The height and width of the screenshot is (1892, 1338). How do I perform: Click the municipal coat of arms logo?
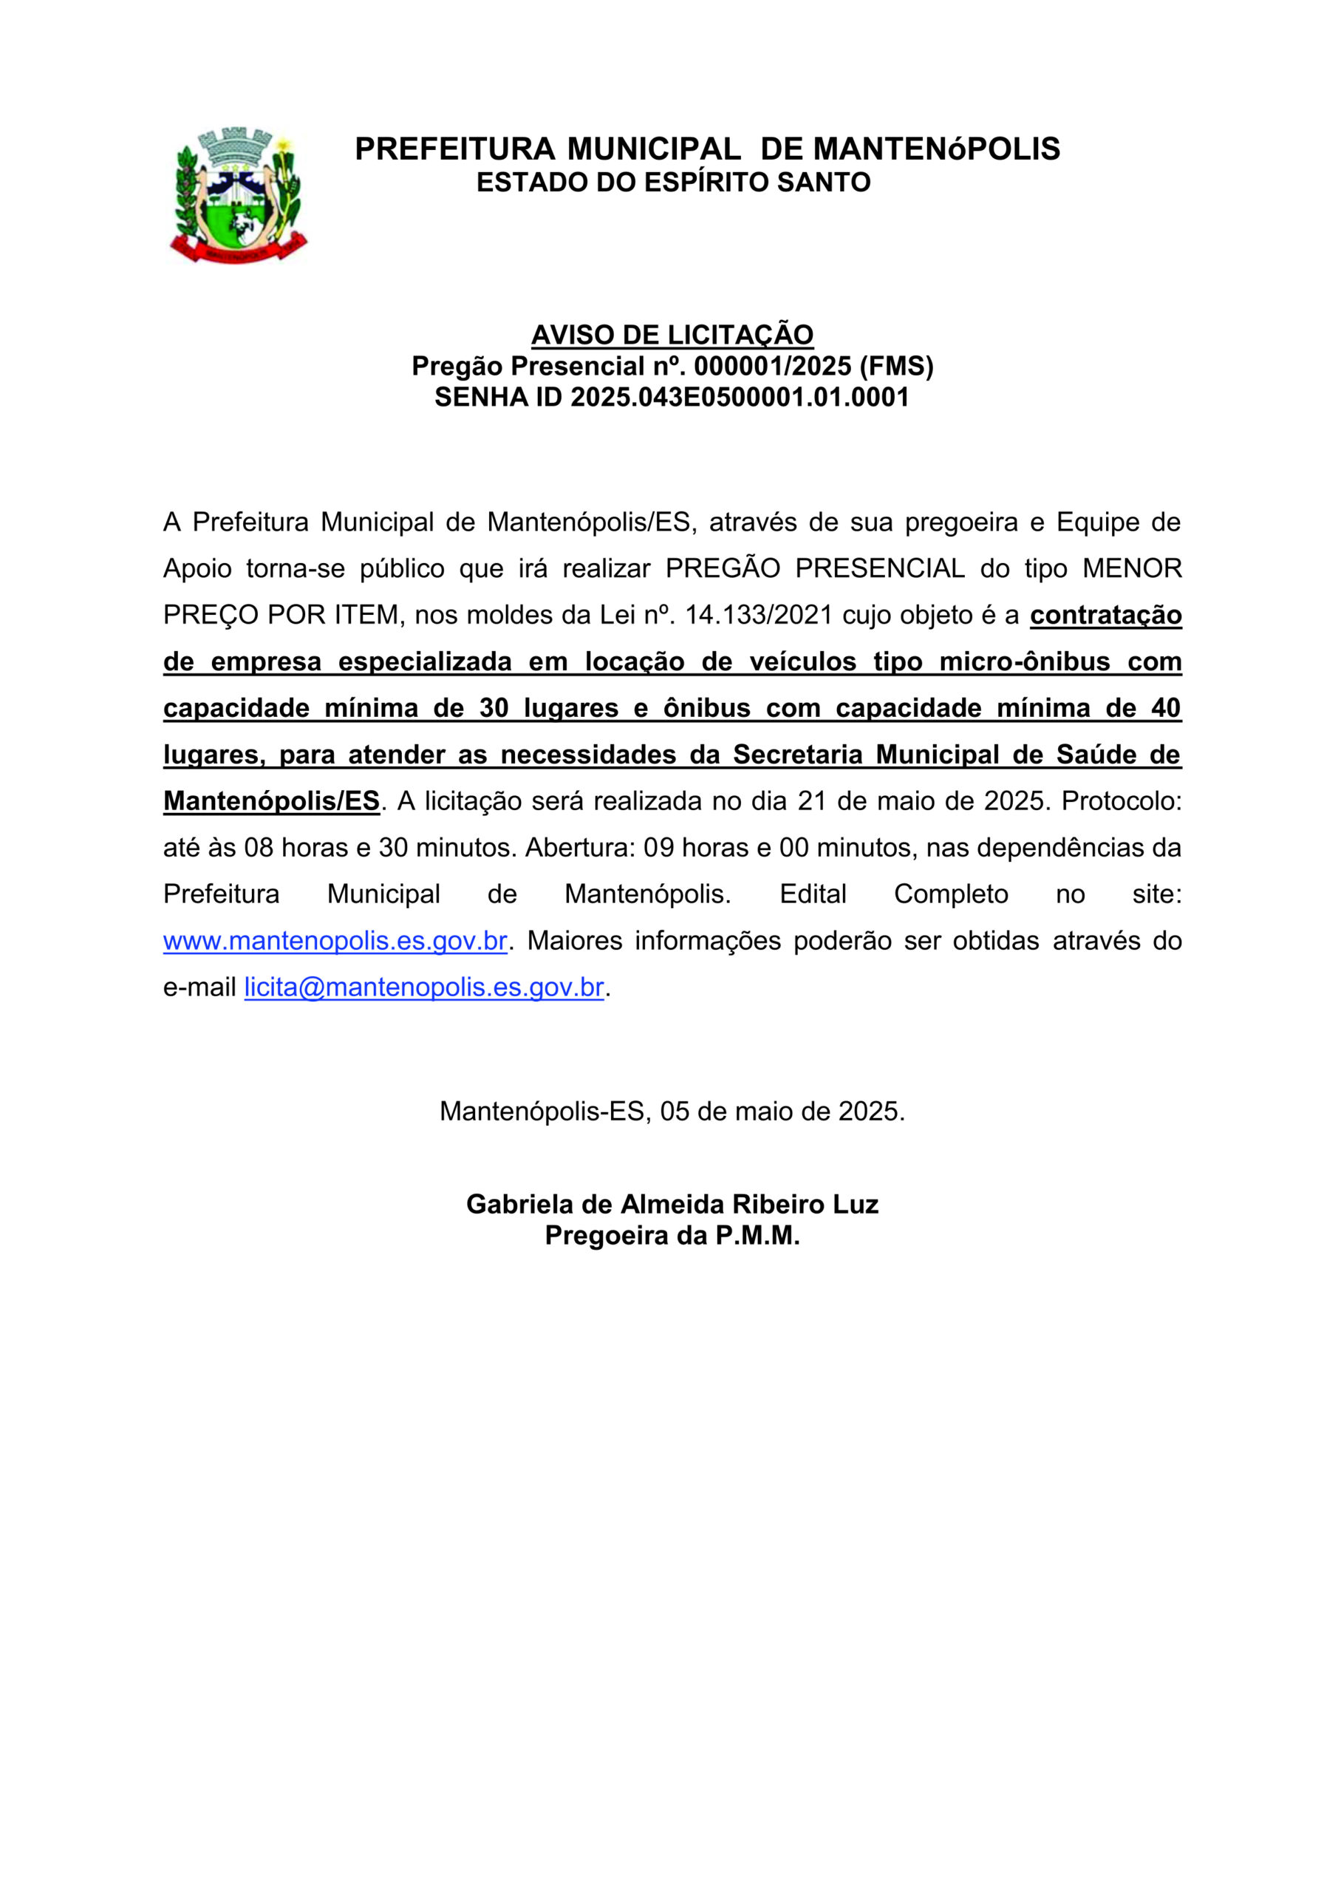(x=238, y=195)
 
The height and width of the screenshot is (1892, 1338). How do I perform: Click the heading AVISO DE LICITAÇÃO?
(x=672, y=335)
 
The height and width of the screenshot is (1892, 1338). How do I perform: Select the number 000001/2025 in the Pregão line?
(x=772, y=366)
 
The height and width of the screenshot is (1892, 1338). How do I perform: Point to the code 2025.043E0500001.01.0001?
(x=739, y=397)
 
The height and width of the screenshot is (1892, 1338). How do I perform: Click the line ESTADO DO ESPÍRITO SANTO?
(x=673, y=182)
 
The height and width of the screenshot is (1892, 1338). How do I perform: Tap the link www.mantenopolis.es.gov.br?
(x=335, y=940)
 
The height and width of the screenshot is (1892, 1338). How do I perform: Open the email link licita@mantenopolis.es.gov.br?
(x=423, y=987)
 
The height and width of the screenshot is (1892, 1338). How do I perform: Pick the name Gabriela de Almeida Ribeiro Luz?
(x=672, y=1204)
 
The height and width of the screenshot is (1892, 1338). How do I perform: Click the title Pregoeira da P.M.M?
(x=672, y=1235)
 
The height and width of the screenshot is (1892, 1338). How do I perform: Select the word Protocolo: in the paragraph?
(x=1121, y=801)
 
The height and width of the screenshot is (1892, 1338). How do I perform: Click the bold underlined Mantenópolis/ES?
(x=271, y=801)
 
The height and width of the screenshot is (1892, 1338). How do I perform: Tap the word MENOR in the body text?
(x=1132, y=568)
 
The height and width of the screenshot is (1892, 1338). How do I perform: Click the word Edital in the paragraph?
(x=813, y=894)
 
